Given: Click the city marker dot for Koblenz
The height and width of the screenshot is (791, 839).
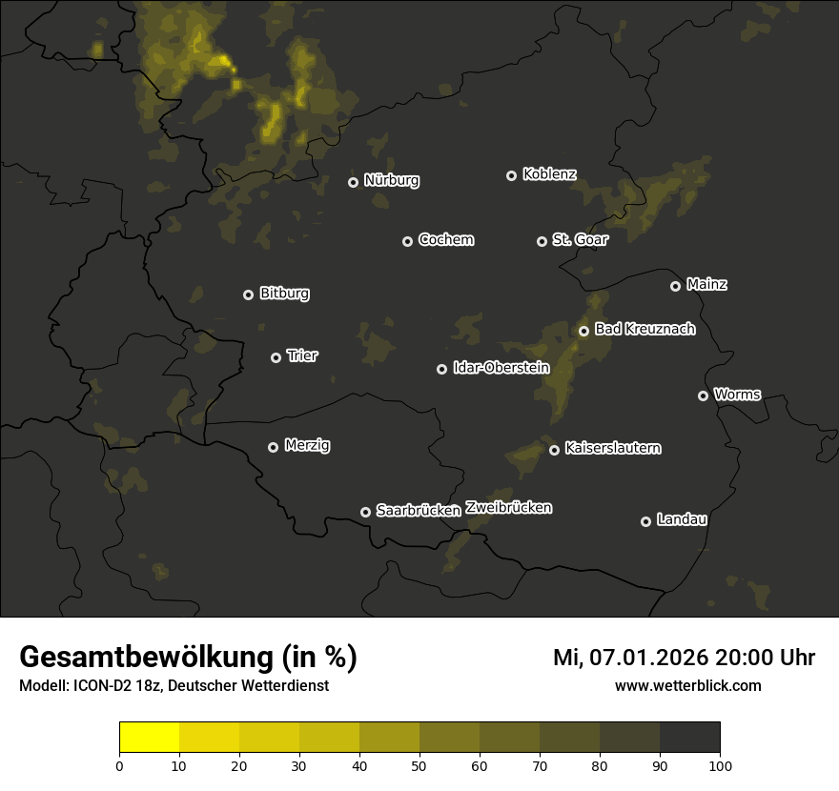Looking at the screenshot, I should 511,175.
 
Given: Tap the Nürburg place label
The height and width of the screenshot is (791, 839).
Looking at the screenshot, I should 391,180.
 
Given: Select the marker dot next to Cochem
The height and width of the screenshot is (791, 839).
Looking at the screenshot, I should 407,241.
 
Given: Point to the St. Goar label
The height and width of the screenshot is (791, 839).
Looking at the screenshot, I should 580,239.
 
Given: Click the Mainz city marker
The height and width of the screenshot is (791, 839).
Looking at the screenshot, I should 675,286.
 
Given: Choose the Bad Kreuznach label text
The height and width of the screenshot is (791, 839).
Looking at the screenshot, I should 645,329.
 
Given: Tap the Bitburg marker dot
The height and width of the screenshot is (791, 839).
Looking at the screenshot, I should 248,294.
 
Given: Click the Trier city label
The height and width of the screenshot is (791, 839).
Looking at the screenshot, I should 302,355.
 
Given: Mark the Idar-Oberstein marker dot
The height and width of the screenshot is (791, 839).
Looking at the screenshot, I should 441,369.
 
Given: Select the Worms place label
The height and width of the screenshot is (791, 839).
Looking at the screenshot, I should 737,394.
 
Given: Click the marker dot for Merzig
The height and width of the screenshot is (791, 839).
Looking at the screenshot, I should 273,447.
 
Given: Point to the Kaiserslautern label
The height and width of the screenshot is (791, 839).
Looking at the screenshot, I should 612,448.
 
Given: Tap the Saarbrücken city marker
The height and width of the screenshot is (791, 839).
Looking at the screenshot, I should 365,512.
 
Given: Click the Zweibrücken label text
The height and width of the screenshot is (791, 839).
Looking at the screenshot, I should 508,508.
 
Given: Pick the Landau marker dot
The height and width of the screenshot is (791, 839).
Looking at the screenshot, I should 645,521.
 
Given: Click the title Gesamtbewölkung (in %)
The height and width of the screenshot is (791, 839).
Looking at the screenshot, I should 188,658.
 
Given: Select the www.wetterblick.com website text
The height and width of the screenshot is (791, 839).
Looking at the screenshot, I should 687,685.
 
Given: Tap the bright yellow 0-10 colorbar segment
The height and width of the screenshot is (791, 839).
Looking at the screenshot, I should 150,738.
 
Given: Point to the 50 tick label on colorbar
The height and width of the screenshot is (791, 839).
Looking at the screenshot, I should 419,765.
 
